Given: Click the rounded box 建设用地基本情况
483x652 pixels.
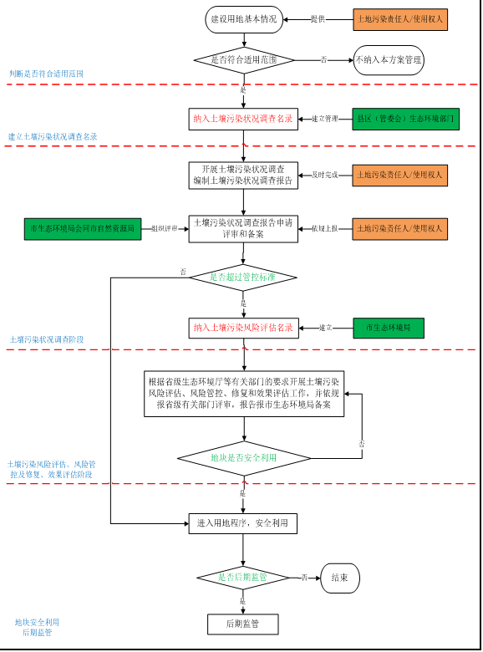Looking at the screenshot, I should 243,19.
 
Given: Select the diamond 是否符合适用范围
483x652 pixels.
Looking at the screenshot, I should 244,60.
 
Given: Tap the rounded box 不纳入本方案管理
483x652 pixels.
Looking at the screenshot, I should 389,60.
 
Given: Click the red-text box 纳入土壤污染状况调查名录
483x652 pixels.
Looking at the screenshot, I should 243,119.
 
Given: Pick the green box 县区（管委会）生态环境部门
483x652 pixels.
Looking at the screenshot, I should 405,119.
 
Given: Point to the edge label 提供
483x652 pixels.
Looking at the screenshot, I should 318,19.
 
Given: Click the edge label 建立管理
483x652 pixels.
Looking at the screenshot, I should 325,119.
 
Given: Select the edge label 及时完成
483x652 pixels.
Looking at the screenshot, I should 325,176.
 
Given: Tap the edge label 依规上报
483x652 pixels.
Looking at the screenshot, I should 325,228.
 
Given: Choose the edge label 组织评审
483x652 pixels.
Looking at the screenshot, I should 165,228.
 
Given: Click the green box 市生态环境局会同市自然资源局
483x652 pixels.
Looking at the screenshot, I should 82,228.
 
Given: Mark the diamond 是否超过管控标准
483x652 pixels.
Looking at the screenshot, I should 242,278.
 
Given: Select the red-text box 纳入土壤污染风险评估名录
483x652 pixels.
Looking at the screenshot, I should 243,328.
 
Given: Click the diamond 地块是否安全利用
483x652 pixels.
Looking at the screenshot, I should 243,458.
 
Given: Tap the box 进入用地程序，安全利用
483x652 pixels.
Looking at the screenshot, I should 242,523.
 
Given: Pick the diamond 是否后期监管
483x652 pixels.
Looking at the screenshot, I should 242,578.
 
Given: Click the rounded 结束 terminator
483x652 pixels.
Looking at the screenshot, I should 339,578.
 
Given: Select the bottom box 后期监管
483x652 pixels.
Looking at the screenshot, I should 242,624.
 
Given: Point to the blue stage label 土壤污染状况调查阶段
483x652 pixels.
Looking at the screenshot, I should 47,340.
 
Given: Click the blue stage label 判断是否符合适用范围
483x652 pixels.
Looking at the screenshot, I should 46,74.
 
